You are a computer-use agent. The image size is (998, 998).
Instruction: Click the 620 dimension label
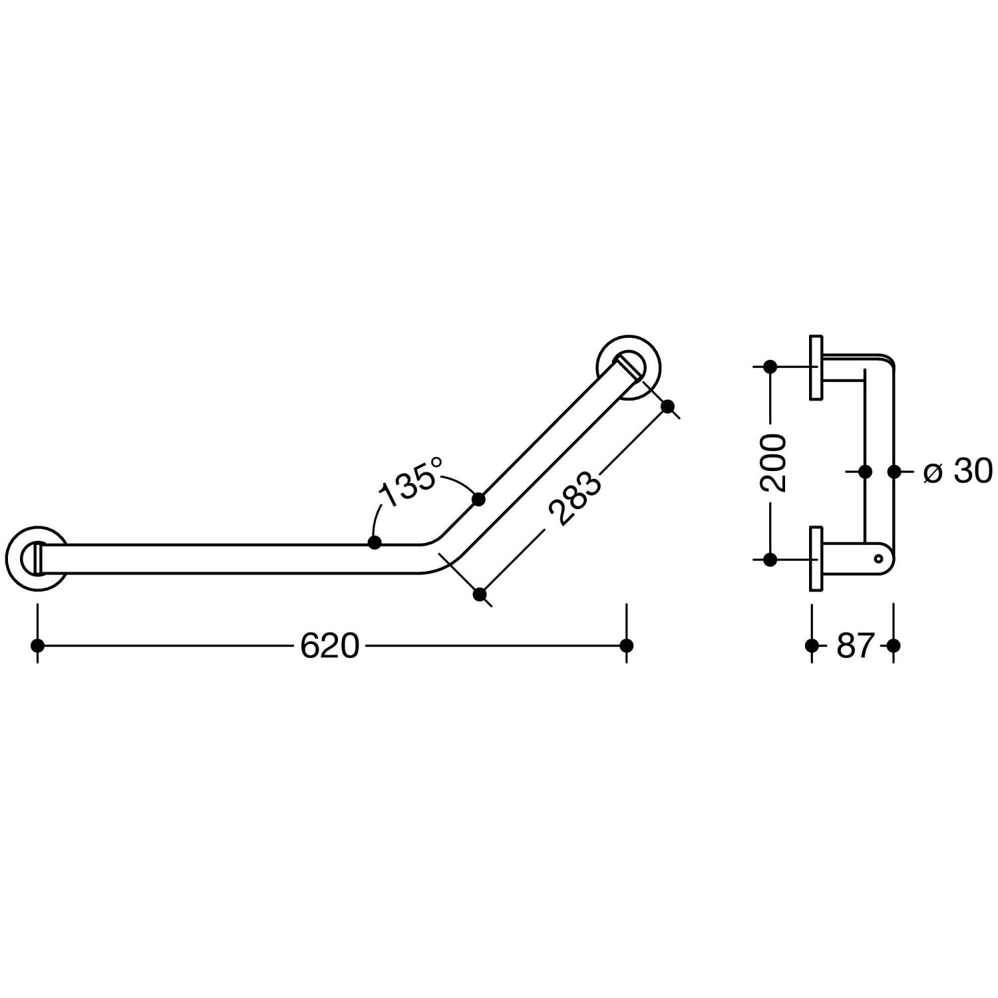tap(329, 645)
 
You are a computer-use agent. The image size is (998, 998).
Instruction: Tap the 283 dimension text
tap(574, 498)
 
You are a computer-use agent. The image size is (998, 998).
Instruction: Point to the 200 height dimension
tap(773, 463)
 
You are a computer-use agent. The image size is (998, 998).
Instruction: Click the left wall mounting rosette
tap(37, 558)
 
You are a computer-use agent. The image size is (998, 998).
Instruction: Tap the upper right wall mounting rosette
tap(629, 367)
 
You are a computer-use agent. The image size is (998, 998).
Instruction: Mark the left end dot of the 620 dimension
tap(37, 645)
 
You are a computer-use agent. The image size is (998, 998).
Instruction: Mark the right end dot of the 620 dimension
tap(626, 645)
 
